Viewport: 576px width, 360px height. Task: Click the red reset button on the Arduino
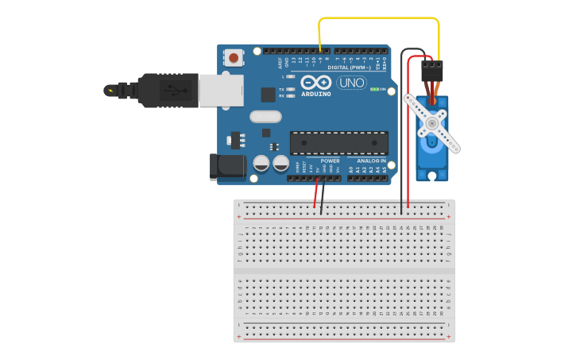click(234, 58)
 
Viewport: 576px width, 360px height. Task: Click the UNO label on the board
click(351, 83)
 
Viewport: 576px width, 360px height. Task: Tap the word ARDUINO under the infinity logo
click(315, 94)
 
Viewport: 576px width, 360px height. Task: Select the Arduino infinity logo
click(315, 83)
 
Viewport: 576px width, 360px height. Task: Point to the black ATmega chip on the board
click(339, 143)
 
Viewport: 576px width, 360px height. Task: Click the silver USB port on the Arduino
click(220, 90)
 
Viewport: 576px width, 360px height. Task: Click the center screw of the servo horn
click(432, 123)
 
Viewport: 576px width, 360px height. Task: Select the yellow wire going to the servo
click(380, 17)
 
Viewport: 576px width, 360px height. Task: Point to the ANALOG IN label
click(371, 160)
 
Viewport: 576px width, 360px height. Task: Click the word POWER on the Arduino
click(330, 161)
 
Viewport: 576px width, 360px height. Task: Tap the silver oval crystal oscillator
click(265, 117)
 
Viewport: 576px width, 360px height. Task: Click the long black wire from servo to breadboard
click(401, 135)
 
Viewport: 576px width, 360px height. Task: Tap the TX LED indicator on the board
click(291, 90)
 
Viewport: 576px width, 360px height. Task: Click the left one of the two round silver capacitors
click(261, 164)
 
